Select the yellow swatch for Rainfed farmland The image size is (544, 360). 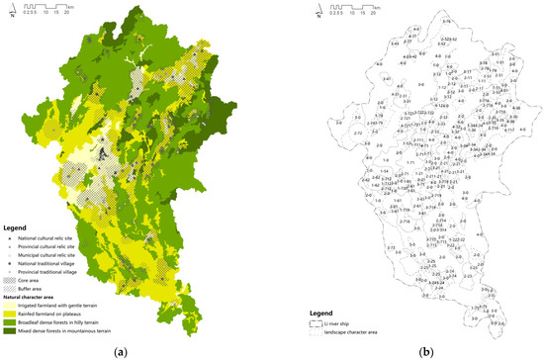coord(13,307)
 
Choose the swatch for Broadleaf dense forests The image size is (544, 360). coord(13,316)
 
